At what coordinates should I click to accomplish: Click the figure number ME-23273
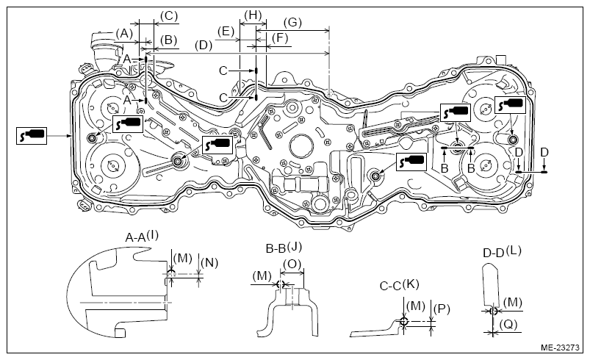(x=560, y=348)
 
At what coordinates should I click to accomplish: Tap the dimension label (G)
(x=292, y=23)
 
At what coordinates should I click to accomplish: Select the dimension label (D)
(x=204, y=46)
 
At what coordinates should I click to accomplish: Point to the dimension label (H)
(x=253, y=16)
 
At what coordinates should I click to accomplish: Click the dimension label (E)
(x=226, y=31)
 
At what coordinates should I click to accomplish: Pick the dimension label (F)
(x=279, y=38)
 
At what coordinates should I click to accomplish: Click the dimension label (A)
(x=124, y=34)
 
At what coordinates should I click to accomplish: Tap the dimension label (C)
(x=168, y=16)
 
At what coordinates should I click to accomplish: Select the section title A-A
(x=135, y=238)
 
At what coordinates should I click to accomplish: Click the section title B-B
(x=276, y=248)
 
